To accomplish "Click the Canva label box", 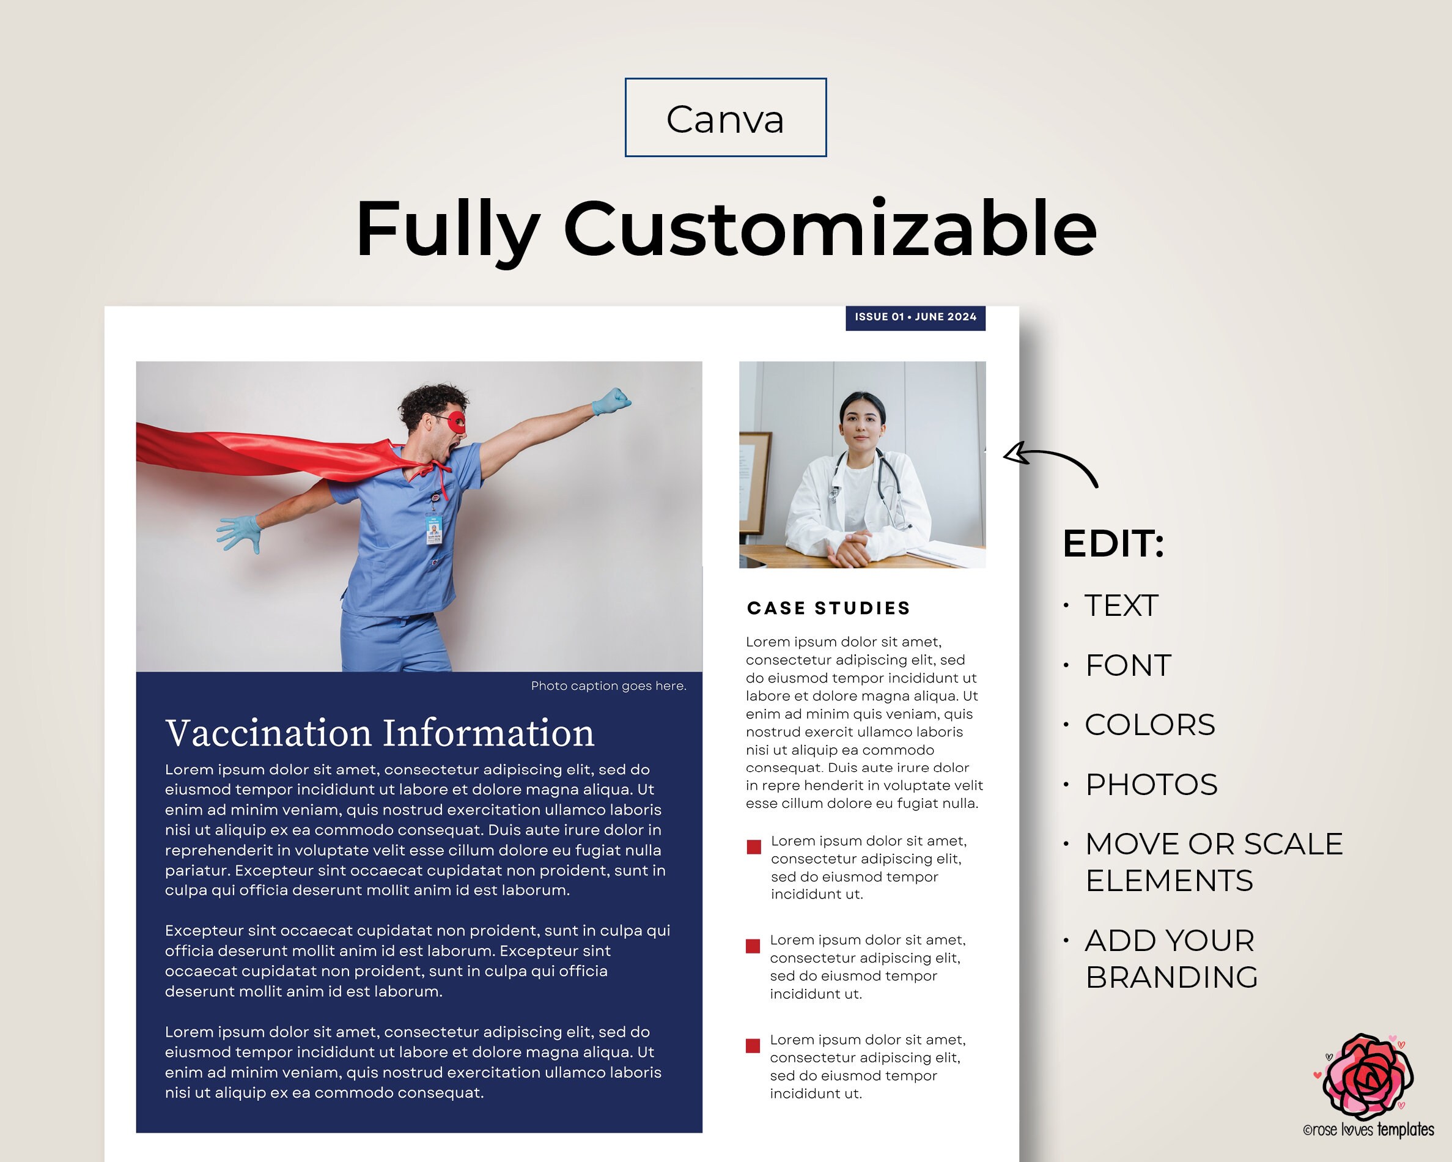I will [725, 118].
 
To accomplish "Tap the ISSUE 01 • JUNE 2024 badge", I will [915, 317].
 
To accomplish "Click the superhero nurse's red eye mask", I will [456, 422].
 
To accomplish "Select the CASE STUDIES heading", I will [828, 609].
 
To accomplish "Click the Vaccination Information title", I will [380, 733].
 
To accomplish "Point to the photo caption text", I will [608, 686].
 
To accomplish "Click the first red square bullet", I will [754, 847].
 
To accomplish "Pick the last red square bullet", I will [753, 1045].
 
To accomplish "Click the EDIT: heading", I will [1113, 544].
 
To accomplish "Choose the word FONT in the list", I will [1129, 665].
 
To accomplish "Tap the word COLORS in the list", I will [1149, 725].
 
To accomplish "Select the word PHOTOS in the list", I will [1152, 785].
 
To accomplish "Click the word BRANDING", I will [1172, 977].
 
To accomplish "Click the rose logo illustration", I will [1367, 1077].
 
